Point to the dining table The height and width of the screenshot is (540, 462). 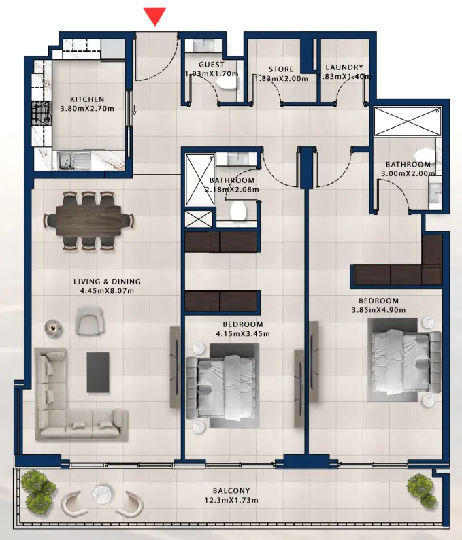coord(88,220)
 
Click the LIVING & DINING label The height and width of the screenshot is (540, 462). coord(107,281)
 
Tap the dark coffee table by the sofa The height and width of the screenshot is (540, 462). coord(98,371)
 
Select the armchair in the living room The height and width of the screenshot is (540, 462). coord(90,320)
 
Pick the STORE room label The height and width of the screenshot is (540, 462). coord(281,69)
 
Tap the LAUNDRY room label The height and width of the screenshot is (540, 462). coord(344,67)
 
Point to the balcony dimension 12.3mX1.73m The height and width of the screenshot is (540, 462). coord(231,501)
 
